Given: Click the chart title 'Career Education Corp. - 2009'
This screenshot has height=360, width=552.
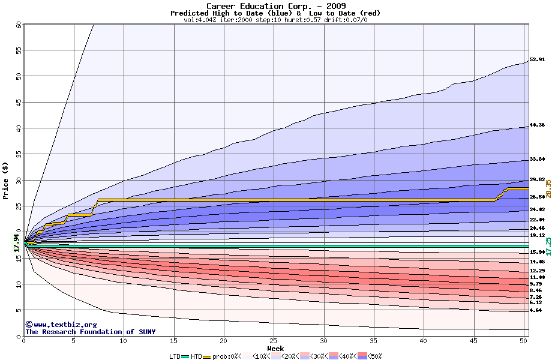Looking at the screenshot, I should pyautogui.click(x=276, y=5).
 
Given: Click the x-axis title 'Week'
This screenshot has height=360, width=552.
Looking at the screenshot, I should pyautogui.click(x=276, y=348).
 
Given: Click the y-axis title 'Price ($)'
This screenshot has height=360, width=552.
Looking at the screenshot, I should pyautogui.click(x=5, y=180).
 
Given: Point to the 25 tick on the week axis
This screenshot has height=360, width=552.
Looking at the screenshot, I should pyautogui.click(x=274, y=341).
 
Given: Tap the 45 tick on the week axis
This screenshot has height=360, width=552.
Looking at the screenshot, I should pyautogui.click(x=473, y=341).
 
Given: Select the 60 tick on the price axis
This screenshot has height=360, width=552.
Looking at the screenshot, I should pyautogui.click(x=19, y=25).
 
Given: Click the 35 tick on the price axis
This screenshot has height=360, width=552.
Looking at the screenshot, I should pyautogui.click(x=19, y=154).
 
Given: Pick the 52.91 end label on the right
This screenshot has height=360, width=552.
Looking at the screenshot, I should pyautogui.click(x=537, y=60).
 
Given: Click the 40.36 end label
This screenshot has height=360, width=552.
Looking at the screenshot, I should pyautogui.click(x=537, y=125).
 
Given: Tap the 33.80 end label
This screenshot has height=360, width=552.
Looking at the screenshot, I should pyautogui.click(x=537, y=160).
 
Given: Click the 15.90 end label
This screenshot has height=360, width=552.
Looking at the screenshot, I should pyautogui.click(x=537, y=253).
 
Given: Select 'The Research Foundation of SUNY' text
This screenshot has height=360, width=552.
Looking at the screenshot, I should pyautogui.click(x=90, y=332).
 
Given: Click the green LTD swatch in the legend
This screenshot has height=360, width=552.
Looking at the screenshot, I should pyautogui.click(x=185, y=356).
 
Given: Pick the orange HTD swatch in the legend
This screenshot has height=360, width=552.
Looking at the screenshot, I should pyautogui.click(x=208, y=356).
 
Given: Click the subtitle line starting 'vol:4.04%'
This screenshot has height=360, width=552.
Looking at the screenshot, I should pyautogui.click(x=276, y=20).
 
